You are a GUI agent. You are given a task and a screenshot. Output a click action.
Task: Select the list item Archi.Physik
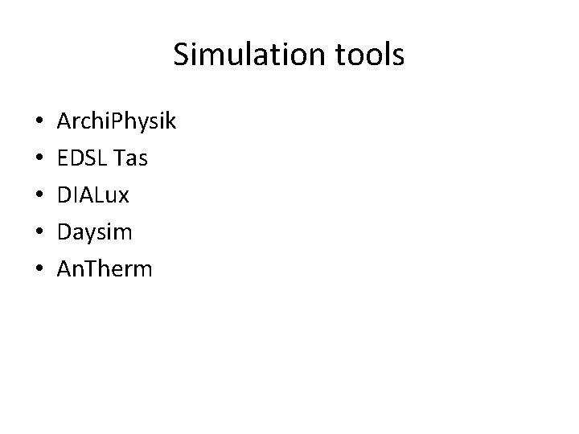click(117, 123)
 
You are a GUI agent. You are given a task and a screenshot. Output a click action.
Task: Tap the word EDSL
click(82, 159)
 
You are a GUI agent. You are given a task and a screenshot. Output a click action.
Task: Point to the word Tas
click(131, 159)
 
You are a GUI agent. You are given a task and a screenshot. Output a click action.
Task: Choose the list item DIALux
click(92, 195)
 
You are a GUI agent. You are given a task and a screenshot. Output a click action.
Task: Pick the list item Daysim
click(95, 232)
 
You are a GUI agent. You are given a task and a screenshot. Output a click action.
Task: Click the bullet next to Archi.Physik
click(40, 124)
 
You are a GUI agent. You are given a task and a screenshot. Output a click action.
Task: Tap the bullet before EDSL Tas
click(40, 160)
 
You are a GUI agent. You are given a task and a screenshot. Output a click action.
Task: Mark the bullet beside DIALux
click(40, 196)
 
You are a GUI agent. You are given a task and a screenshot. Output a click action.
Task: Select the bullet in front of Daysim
click(40, 232)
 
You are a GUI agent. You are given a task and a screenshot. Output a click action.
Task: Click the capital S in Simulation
click(181, 55)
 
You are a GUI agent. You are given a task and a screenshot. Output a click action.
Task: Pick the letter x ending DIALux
click(122, 197)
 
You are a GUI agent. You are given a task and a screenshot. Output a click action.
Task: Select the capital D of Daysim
click(64, 231)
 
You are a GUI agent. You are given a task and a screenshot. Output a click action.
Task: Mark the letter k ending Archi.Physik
click(170, 122)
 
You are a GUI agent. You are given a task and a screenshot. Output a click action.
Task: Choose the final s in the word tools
click(398, 56)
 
